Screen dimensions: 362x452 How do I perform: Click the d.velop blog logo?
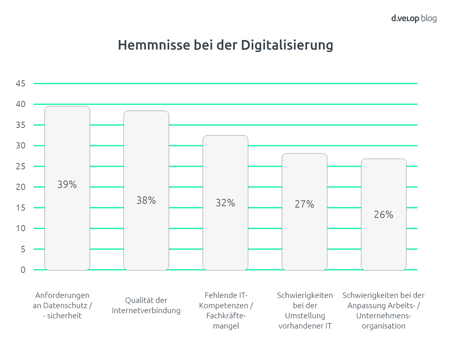point(413,18)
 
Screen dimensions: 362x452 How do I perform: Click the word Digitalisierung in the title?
point(287,45)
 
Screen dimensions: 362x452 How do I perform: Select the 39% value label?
point(67,185)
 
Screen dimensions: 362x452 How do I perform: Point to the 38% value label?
point(146,201)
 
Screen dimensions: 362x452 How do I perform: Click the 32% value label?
point(225,203)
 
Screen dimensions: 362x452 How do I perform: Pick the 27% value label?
point(305,204)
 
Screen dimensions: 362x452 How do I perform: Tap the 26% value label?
point(383,215)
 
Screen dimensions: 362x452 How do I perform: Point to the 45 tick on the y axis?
point(21,84)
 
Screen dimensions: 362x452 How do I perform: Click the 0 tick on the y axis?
point(23,270)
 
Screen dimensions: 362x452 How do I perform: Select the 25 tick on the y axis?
point(21,166)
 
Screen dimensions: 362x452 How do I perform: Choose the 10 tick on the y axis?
point(21,229)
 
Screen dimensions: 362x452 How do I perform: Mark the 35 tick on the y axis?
point(21,125)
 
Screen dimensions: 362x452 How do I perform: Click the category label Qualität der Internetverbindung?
point(146,305)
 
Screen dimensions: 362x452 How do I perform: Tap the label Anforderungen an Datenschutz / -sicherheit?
point(62,305)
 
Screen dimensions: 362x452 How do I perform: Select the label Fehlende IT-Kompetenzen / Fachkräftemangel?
point(226,310)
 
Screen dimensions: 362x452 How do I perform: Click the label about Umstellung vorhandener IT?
point(305,310)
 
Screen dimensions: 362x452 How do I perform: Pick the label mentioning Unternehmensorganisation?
point(383,310)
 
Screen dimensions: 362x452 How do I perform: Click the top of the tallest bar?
point(67,107)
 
